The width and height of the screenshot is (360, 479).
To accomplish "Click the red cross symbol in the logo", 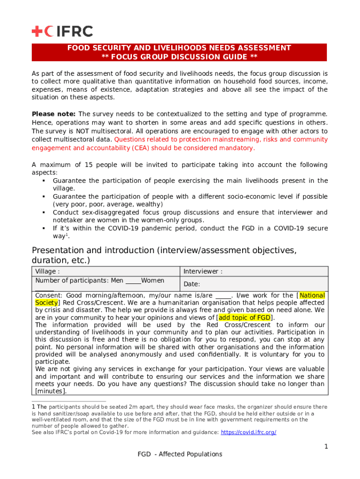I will [x=37, y=31].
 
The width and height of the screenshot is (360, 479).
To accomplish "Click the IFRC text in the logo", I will [x=75, y=31].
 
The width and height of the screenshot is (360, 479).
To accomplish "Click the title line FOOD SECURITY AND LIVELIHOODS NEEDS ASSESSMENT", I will [x=179, y=48].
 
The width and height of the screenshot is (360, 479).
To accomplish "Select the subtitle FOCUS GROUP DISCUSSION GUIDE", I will [x=179, y=57].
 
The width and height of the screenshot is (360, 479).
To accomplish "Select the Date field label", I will [x=192, y=284].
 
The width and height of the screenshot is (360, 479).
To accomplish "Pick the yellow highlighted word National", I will [x=312, y=295].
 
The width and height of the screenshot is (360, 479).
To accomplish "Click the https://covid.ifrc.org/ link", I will [x=248, y=432].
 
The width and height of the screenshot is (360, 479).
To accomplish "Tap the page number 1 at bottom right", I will [x=326, y=447].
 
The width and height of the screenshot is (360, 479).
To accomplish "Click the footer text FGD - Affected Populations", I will [x=180, y=454].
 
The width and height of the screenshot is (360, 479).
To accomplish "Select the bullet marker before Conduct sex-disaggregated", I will [x=43, y=212].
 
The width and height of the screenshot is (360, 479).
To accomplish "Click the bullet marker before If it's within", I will [x=43, y=228].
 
